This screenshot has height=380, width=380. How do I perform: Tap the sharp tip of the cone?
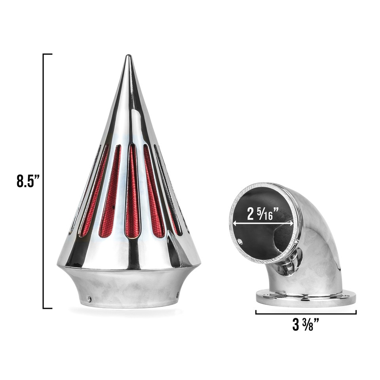click(128, 57)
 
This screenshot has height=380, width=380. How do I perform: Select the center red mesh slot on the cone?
click(132, 192)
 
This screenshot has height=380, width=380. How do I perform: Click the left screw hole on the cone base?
click(89, 299)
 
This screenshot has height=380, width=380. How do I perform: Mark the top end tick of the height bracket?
click(47, 54)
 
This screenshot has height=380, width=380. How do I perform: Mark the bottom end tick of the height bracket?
click(47, 308)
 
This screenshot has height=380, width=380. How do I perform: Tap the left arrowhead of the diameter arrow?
click(235, 224)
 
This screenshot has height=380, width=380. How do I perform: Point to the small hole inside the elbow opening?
click(239, 241)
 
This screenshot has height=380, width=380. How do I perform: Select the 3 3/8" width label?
click(306, 325)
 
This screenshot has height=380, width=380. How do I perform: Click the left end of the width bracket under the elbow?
click(256, 313)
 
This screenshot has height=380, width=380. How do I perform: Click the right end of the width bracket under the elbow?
click(356, 313)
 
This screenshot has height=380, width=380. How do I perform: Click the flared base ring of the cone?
click(129, 287)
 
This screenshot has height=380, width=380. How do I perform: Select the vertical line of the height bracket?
click(43, 180)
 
